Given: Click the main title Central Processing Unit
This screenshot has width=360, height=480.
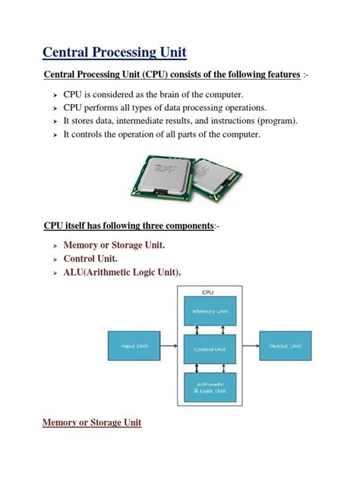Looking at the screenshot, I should tap(114, 52).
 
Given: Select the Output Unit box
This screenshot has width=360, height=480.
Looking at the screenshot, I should tap(286, 346).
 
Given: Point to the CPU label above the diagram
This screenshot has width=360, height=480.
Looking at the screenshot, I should tap(207, 291).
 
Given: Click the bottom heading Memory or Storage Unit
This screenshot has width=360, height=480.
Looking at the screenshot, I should tap(92, 422).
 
